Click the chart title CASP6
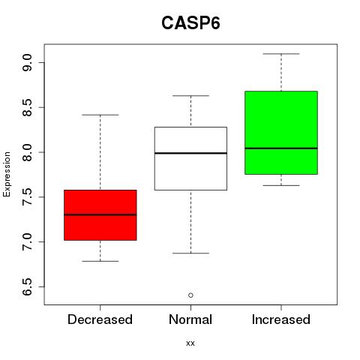click(190, 23)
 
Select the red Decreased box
click(100, 215)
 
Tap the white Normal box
click(190, 158)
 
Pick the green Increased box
click(281, 133)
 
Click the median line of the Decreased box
click(100, 214)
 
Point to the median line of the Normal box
click(190, 153)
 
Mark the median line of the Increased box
click(281, 148)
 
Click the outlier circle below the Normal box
click(190, 295)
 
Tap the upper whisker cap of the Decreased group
click(100, 115)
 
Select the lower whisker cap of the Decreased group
click(100, 261)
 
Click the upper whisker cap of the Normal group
click(190, 95)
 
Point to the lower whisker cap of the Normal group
click(190, 253)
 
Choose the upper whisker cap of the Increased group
click(281, 54)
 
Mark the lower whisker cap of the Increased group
click(281, 185)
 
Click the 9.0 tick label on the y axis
click(27, 63)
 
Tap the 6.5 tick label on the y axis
click(27, 286)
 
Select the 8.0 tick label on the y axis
click(27, 152)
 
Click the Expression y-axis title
click(7, 174)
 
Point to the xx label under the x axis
click(190, 343)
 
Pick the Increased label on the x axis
click(281, 319)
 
